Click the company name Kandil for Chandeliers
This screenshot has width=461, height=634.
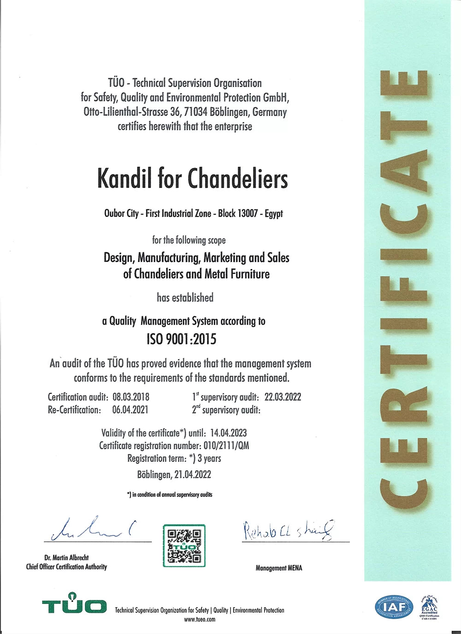coord(193,179)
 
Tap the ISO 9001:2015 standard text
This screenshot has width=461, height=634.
coord(182,339)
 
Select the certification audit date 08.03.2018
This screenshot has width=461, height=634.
coord(131,397)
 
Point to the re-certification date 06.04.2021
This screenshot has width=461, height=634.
coord(130,410)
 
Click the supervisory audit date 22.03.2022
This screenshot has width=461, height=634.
coord(283,397)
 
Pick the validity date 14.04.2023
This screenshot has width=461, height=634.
coord(228,433)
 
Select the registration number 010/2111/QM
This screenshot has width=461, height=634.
coord(226,446)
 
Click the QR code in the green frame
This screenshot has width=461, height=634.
coord(184,546)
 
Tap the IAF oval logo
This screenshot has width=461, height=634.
coord(394,606)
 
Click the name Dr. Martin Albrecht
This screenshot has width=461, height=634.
coord(66,558)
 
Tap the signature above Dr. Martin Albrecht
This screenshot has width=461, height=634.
coord(95,529)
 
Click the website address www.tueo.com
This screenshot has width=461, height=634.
coord(200,619)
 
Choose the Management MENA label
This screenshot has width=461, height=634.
coord(279,568)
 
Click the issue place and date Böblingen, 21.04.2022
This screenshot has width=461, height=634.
coord(174,475)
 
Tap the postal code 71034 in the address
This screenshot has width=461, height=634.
coord(195,112)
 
